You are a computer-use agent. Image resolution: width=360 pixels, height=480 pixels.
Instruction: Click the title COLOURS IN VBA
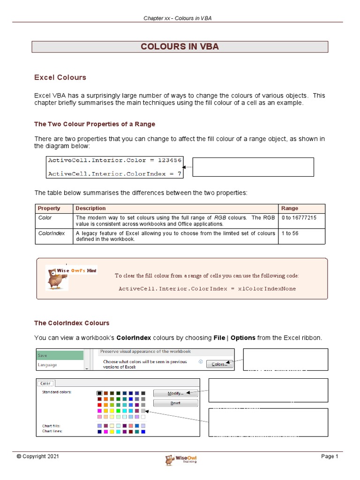[180, 46]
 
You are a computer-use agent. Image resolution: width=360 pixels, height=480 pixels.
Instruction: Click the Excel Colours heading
[60, 77]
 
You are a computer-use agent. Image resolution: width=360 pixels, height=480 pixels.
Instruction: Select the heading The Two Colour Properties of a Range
[95, 124]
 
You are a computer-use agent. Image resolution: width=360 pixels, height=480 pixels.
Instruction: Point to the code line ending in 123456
[114, 160]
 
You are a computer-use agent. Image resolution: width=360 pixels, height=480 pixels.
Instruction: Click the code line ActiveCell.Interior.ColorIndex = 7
[114, 173]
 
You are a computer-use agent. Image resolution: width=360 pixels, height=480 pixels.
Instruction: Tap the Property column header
[49, 208]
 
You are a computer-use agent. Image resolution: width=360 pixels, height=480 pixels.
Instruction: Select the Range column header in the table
[289, 208]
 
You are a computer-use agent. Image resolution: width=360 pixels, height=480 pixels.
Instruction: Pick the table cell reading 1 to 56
[290, 233]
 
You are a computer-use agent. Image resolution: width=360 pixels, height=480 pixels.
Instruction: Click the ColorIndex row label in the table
[52, 233]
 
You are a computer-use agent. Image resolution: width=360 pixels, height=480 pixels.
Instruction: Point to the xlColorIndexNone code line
[207, 289]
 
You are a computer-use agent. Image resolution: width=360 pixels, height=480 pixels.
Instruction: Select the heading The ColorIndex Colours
[72, 323]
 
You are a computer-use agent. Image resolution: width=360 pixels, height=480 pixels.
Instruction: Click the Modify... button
[175, 393]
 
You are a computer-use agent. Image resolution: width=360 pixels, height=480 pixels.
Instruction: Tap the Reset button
[175, 403]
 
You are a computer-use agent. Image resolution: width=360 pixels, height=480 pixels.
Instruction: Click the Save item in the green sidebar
[60, 356]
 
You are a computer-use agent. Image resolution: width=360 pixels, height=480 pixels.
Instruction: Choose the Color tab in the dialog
[46, 383]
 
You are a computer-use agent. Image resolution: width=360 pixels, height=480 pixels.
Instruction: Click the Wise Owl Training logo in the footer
[180, 459]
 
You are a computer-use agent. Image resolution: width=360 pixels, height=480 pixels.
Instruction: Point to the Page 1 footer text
[329, 457]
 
